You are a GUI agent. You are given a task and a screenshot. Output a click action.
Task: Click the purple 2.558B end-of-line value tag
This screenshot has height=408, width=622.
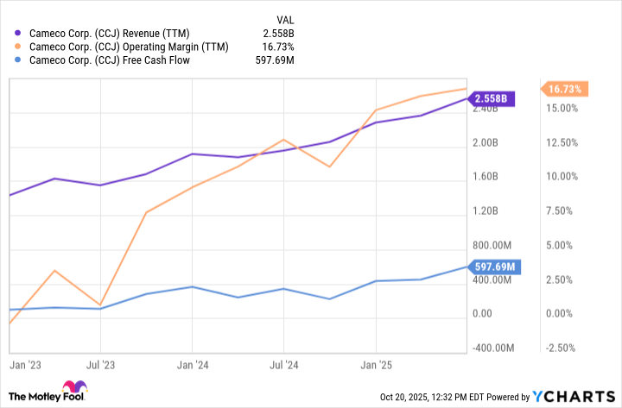pos(491,98)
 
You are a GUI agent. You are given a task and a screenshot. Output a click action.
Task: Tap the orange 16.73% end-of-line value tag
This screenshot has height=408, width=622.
pos(566,89)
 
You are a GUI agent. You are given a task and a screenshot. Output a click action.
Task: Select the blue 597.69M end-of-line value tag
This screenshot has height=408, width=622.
pos(493,267)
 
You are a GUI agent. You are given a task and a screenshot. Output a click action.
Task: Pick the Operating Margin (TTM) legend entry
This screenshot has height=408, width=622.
pos(129,47)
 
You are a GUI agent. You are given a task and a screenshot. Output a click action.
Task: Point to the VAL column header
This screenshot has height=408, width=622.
pos(286,18)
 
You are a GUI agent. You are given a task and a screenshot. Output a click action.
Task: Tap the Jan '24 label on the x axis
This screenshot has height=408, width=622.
pos(192,366)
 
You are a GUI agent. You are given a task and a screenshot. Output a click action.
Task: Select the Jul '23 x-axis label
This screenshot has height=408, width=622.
pos(100,366)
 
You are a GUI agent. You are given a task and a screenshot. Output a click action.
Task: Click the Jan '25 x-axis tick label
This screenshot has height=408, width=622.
pos(375,366)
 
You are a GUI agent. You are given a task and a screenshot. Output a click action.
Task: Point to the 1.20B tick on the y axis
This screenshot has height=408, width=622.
pos(486,211)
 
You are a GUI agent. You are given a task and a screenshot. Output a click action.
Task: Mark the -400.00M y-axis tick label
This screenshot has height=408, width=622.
pos(492,348)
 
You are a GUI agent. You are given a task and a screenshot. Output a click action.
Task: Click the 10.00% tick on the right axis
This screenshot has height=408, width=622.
pos(562,177)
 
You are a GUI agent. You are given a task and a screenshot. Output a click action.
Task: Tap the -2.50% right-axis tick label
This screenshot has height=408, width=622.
pos(562,348)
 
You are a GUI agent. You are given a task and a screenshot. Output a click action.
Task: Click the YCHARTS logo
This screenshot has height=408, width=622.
pos(573,397)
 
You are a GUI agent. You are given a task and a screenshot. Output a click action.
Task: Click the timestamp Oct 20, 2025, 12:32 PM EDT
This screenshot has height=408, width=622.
pos(454,397)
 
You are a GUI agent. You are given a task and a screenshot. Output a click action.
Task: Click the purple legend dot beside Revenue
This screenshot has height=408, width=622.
pos(18,33)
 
